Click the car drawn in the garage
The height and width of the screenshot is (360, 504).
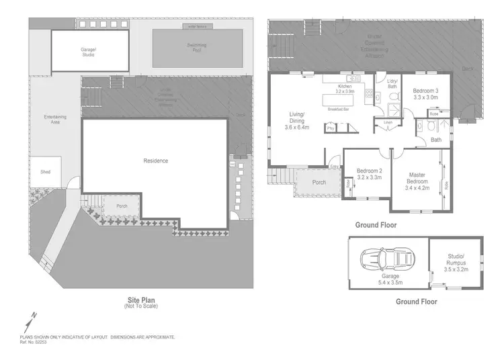pyautogui.click(x=386, y=259)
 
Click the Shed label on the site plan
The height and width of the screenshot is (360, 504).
pyautogui.click(x=45, y=171)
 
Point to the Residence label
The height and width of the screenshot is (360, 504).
pyautogui.click(x=155, y=161)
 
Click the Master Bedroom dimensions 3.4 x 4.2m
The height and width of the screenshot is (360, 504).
pyautogui.click(x=417, y=187)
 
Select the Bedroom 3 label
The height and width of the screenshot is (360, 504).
pyautogui.click(x=425, y=90)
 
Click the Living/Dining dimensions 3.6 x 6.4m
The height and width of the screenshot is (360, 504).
pyautogui.click(x=296, y=128)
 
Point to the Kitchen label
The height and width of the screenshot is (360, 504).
pyautogui.click(x=345, y=86)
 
